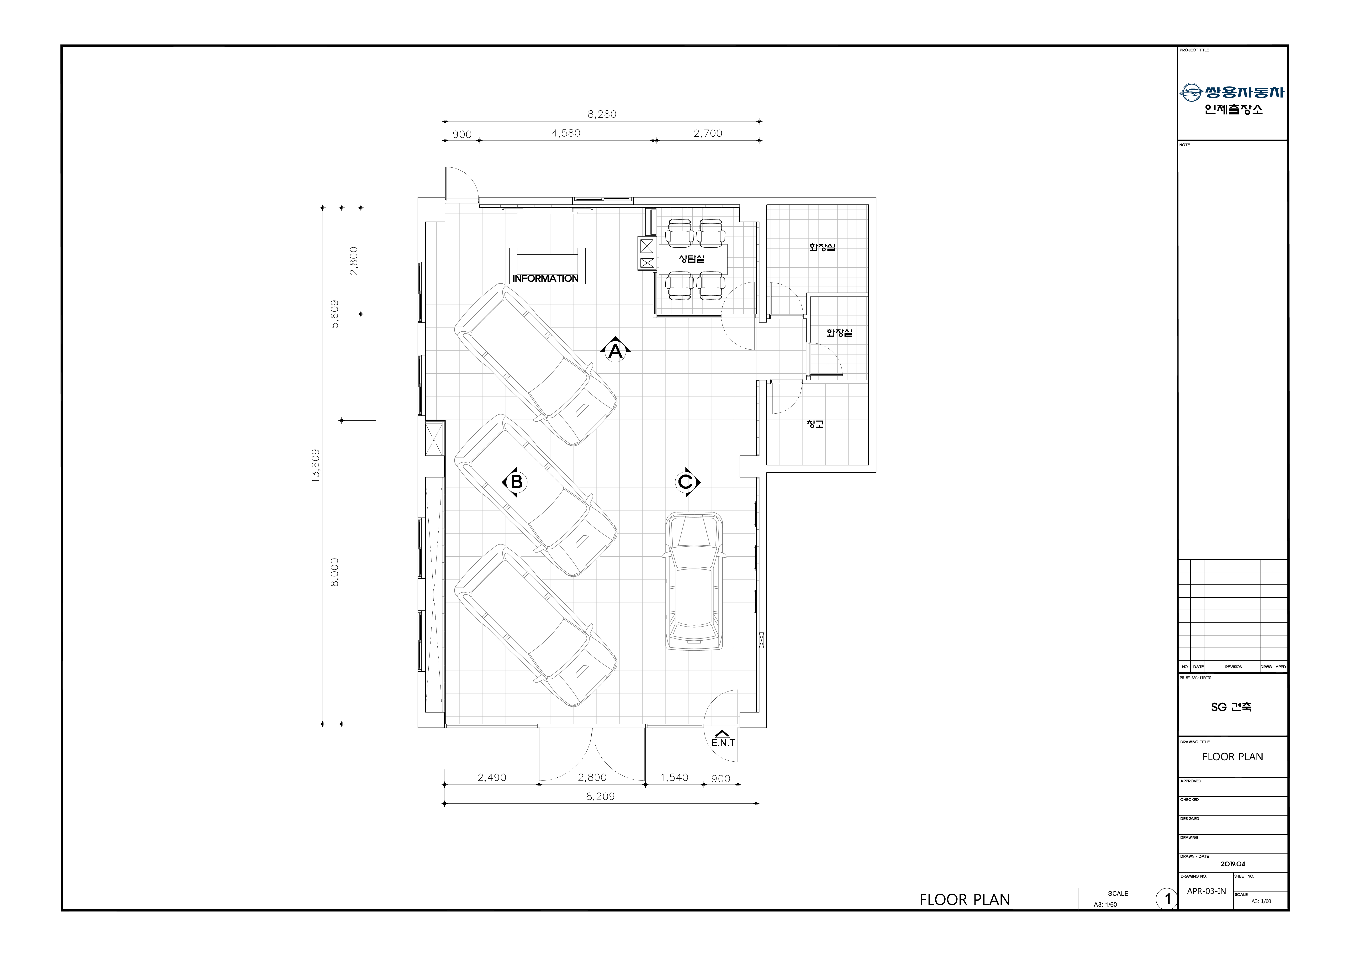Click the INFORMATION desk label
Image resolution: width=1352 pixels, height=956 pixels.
(x=545, y=278)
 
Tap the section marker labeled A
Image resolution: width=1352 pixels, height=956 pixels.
(x=615, y=351)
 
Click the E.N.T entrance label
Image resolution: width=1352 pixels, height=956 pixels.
(x=723, y=743)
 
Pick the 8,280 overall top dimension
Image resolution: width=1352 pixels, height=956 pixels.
(x=602, y=114)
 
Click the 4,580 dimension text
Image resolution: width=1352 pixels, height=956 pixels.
(x=566, y=133)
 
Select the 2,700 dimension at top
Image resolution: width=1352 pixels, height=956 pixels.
(x=708, y=133)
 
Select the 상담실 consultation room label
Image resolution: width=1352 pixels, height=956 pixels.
(x=692, y=258)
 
